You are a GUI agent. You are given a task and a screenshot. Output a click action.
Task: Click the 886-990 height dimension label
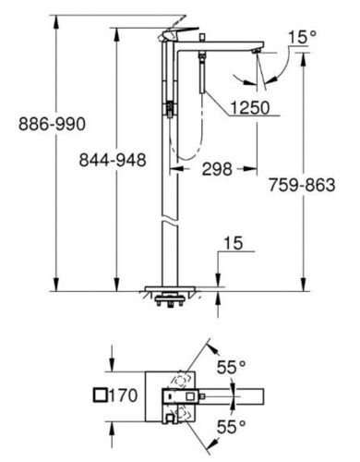pos(52,124)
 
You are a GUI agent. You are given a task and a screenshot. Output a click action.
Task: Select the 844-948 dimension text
pos(113,160)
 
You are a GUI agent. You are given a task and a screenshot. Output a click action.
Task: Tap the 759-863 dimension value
pos(302,185)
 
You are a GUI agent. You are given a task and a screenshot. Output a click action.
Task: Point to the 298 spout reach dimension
pos(217,169)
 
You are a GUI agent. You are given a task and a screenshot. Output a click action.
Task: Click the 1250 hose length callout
pos(250,107)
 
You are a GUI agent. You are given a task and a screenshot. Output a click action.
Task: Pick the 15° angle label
pos(302,37)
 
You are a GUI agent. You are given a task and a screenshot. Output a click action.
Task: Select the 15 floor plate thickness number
pos(233,243)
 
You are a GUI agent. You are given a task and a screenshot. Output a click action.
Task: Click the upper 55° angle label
pos(232,367)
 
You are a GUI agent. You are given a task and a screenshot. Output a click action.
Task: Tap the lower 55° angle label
pos(232,427)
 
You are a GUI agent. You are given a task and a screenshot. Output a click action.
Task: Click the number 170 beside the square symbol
pos(123,395)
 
